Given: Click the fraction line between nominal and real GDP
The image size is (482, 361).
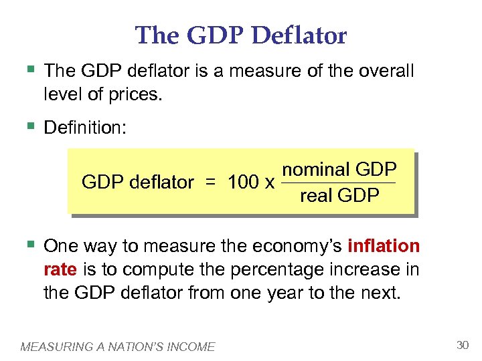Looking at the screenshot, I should pyautogui.click(x=339, y=183).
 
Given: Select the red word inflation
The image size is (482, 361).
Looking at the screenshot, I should pyautogui.click(x=384, y=246).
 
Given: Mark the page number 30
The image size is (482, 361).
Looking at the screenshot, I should pyautogui.click(x=462, y=345).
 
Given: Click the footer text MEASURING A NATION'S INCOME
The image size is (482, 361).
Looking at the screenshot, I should pyautogui.click(x=118, y=346).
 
